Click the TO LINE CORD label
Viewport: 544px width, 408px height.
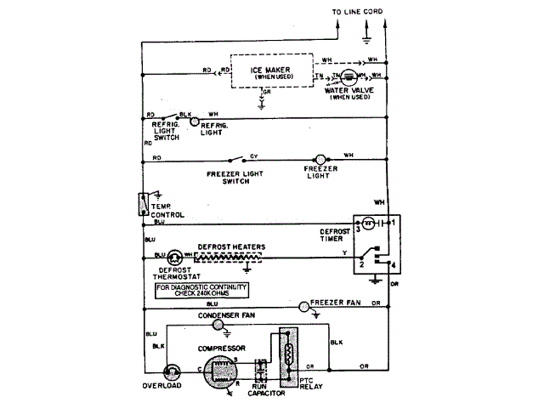354,11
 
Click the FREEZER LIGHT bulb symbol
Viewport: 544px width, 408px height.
320,159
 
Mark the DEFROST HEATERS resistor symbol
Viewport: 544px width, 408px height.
229,255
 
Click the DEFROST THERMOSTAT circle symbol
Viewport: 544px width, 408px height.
174,256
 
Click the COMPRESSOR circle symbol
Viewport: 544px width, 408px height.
222,370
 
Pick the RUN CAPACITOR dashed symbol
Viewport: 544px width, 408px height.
261,371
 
